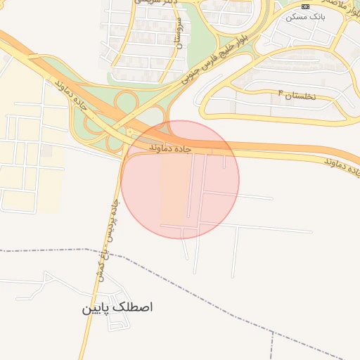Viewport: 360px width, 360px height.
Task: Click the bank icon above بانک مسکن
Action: click(304, 6)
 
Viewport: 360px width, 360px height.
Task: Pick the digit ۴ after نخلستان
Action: click(280, 93)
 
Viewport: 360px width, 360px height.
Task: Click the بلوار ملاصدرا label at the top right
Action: click(337, 7)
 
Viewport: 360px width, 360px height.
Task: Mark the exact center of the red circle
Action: click(180, 179)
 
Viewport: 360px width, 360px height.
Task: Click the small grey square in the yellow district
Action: click(46, 150)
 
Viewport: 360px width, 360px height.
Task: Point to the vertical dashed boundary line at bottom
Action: click(271, 345)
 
